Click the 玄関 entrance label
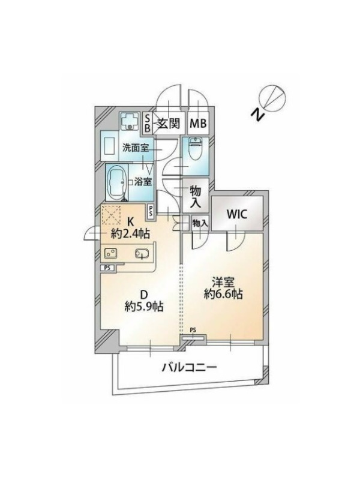click(169, 124)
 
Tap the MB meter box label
click(199, 124)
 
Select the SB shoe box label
click(147, 123)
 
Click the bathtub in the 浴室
click(116, 182)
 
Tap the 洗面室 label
click(136, 148)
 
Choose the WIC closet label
click(236, 214)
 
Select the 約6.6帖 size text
click(223, 295)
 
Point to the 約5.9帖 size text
click(143, 307)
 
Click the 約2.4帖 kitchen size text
click(131, 234)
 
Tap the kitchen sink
click(142, 253)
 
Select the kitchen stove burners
click(110, 253)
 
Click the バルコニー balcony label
click(189, 367)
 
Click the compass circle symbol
click(272, 97)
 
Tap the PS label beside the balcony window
click(193, 330)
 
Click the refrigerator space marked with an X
click(111, 215)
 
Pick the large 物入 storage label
click(196, 197)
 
